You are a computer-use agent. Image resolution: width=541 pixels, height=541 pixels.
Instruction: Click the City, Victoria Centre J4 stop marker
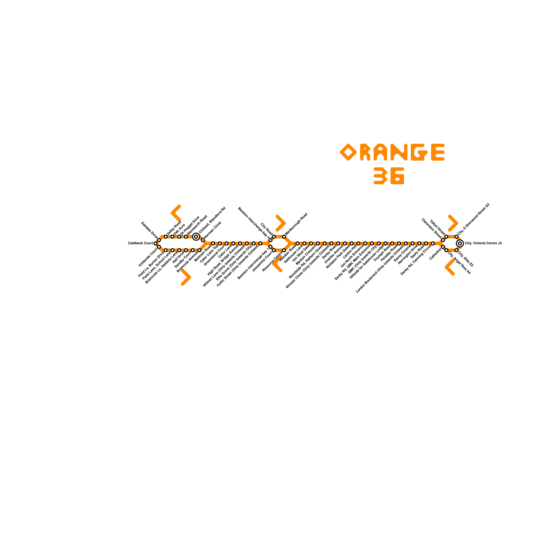pyautogui.click(x=460, y=243)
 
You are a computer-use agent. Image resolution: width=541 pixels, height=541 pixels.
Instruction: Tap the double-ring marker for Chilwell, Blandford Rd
pyautogui.click(x=196, y=237)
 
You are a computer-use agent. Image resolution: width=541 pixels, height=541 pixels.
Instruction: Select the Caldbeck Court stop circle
pyautogui.click(x=156, y=243)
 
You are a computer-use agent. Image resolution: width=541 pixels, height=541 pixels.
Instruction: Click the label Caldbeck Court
pyautogui.click(x=140, y=243)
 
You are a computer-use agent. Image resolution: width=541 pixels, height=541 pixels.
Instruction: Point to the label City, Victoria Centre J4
pyautogui.click(x=483, y=243)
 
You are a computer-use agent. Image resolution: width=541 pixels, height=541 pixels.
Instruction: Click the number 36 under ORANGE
pyautogui.click(x=389, y=176)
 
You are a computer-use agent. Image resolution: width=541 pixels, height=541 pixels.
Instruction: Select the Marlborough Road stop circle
pyautogui.click(x=284, y=237)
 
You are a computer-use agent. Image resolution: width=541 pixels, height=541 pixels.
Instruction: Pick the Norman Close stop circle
pyautogui.click(x=203, y=240)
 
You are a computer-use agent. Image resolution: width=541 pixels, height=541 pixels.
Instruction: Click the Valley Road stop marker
pyautogui.click(x=166, y=237)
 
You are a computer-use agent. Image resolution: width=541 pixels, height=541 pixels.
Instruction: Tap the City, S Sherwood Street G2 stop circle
pyautogui.click(x=456, y=237)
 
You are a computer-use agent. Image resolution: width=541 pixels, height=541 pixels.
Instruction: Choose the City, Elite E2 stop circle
pyautogui.click(x=456, y=250)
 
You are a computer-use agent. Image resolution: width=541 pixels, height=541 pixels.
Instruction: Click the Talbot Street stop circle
pyautogui.click(x=446, y=237)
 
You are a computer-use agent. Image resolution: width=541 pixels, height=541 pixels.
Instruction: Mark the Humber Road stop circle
pyautogui.click(x=298, y=243)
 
